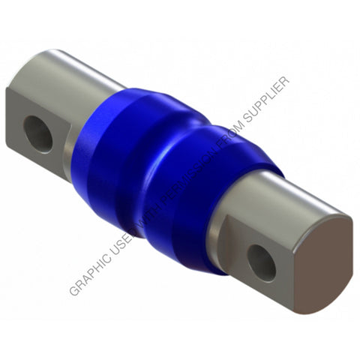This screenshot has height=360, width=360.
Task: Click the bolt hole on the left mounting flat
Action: point(38,131)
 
